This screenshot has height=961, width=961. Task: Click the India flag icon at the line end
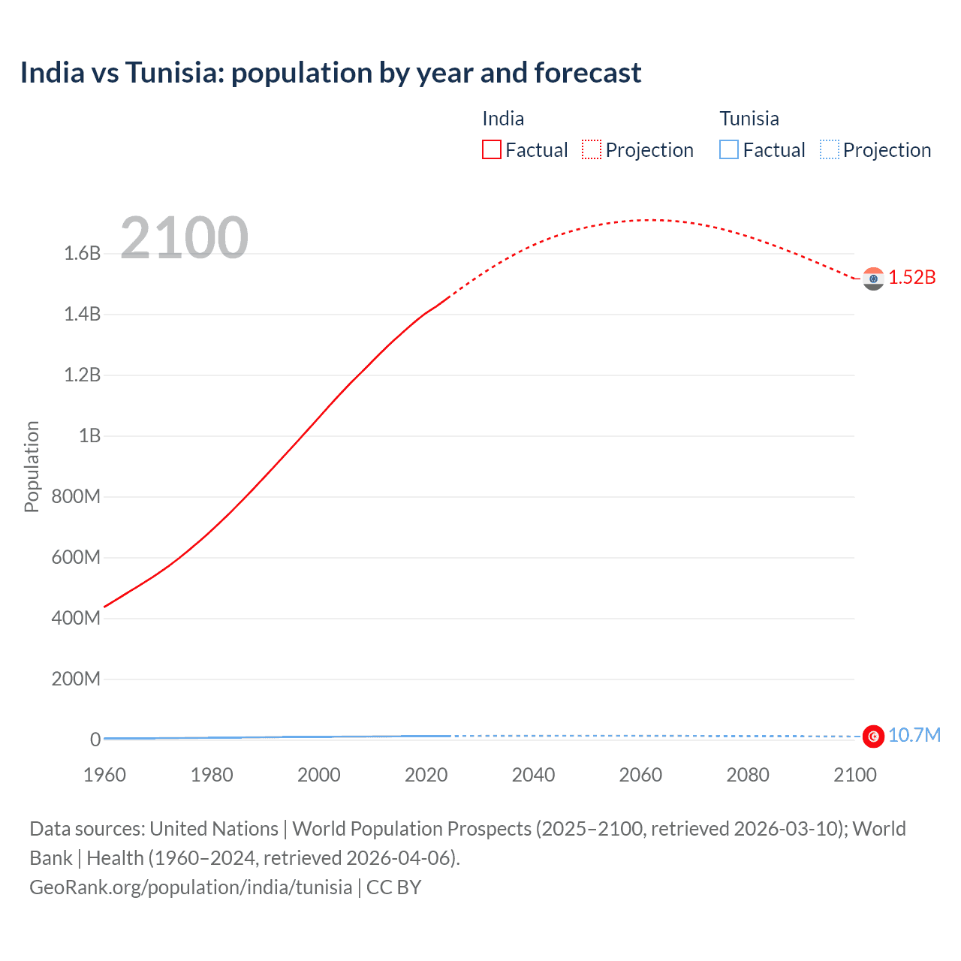[873, 279]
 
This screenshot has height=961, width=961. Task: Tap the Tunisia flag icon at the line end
[873, 737]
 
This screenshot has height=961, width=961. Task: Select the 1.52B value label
[912, 278]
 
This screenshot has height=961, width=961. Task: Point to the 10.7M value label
[914, 735]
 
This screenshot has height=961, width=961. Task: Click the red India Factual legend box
[492, 149]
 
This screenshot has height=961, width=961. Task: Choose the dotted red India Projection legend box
[592, 149]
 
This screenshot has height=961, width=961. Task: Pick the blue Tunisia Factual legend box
[729, 149]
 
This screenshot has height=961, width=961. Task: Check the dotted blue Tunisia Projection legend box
[829, 149]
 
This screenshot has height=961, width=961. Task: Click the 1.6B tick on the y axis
[83, 254]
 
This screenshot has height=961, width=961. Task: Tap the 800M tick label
[76, 496]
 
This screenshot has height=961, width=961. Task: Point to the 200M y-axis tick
[76, 679]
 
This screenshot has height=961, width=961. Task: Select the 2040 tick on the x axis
[533, 775]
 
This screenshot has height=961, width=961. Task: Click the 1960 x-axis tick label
[104, 775]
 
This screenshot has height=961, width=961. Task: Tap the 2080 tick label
[748, 775]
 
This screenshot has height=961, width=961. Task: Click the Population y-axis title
[32, 466]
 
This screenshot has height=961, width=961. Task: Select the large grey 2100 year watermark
[184, 238]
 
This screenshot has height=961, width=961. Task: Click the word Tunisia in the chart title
[174, 73]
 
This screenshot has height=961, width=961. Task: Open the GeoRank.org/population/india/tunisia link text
[191, 887]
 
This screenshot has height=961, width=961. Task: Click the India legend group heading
[503, 119]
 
